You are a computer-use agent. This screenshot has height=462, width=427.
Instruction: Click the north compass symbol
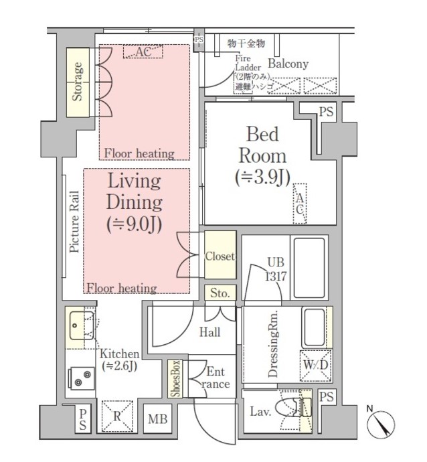pos(381,425)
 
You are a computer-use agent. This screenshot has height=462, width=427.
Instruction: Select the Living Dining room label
pos(135,203)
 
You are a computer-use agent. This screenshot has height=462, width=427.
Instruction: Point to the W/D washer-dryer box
pos(316,366)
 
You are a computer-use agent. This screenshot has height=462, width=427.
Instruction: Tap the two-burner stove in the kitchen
pos(81,378)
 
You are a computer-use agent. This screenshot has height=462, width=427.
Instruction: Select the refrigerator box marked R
pos(117,416)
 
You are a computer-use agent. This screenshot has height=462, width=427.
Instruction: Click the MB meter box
pos(157,418)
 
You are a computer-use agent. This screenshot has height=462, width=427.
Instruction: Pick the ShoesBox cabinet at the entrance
pos(175,378)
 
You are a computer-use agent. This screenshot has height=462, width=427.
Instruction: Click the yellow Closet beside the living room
pos(220,255)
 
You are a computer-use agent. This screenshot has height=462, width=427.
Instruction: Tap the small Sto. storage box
pos(220,293)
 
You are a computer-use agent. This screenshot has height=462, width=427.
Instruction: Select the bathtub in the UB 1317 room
pos(309,268)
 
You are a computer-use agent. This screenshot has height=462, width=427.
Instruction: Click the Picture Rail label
pos(74,222)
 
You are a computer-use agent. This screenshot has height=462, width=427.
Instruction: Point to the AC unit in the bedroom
pos(300,204)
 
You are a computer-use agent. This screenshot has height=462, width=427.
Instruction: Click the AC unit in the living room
pos(143,52)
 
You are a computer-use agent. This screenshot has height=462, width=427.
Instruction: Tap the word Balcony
pos(288,64)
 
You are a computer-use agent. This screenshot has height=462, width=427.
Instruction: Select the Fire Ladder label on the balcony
pos(248,63)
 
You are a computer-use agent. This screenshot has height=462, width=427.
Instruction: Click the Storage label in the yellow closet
pos(78,82)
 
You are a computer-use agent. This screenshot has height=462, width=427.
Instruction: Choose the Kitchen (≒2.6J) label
pos(120,360)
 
